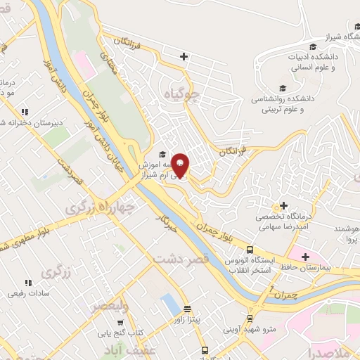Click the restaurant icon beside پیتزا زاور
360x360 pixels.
[x=187, y=309]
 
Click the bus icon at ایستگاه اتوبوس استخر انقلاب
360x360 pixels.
[x=249, y=250]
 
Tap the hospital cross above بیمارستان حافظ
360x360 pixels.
[x=304, y=257]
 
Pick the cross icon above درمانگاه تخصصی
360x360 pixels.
[x=283, y=206]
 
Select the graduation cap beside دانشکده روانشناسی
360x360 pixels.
[x=283, y=88]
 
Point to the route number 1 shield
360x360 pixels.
[x=271, y=289]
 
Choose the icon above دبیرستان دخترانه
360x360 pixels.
[x=25, y=112]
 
